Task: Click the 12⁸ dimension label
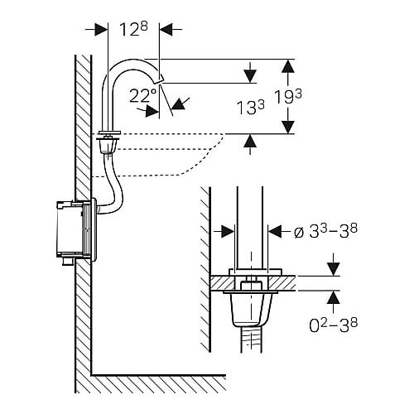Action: [x=133, y=29]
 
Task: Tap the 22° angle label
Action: [x=142, y=95]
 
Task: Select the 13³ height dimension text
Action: [x=251, y=107]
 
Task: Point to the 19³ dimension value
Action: [x=288, y=97]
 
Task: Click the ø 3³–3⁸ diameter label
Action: [x=325, y=231]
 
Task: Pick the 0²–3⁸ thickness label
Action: [x=334, y=325]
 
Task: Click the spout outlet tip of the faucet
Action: [x=159, y=81]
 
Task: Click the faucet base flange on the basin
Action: [x=109, y=133]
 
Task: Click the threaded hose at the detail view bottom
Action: [x=251, y=339]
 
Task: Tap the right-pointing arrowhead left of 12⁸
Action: [x=101, y=29]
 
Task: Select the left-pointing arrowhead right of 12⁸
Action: [x=166, y=29]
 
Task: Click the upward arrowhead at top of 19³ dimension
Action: [x=288, y=66]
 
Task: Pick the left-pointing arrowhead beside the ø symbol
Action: [x=275, y=231]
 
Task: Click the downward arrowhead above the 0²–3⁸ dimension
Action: [x=334, y=269]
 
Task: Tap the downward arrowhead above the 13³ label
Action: [x=250, y=76]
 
